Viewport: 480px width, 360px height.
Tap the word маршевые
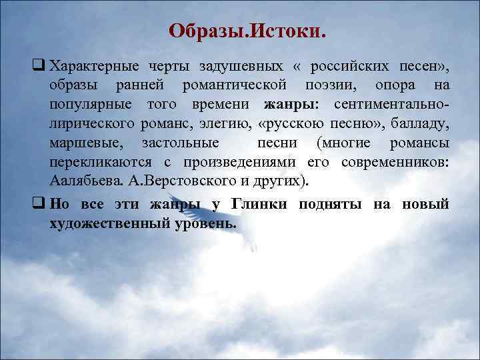pyautogui.click(x=81, y=143)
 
